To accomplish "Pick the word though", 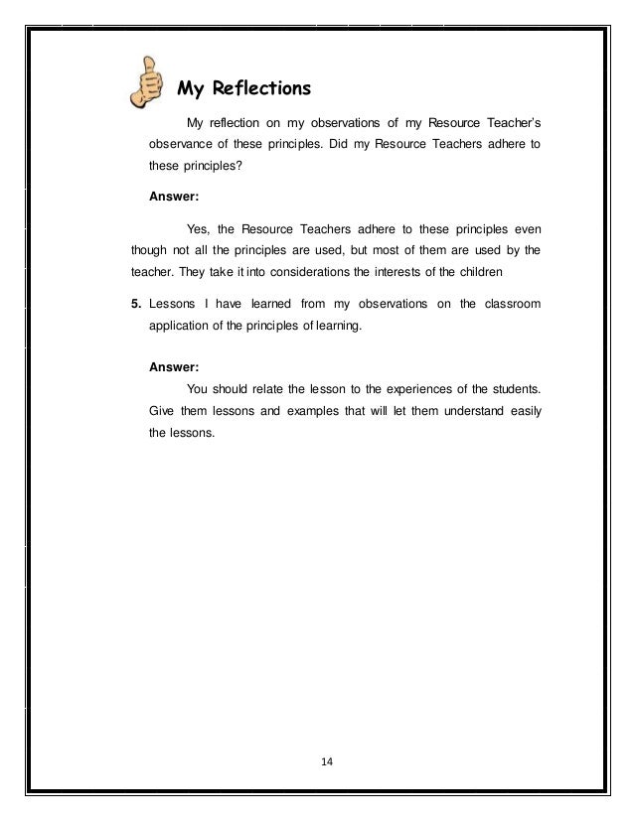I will point(151,250).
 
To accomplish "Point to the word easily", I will point(523,409).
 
